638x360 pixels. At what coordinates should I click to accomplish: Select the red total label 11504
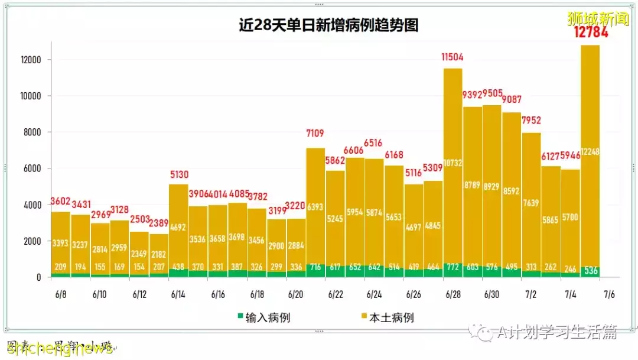pos(453,57)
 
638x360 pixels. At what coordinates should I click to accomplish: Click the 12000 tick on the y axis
pos(30,60)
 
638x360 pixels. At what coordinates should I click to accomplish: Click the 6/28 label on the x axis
pos(453,294)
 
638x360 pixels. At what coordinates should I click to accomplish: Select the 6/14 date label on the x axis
pos(178,294)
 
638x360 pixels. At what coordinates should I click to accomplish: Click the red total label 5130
pos(178,174)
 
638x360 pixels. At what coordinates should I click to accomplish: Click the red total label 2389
pos(159,223)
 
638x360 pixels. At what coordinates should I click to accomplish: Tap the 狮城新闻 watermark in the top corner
pos(598,18)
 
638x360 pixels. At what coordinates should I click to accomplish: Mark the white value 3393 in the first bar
pos(61,243)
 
